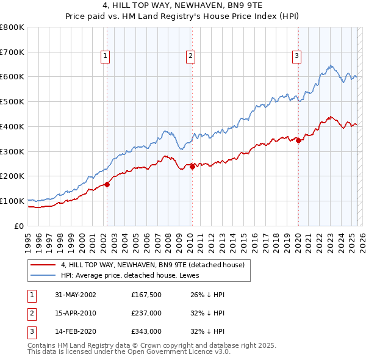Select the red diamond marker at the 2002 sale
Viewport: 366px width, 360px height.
point(107,184)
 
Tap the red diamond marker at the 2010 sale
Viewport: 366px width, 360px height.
point(192,166)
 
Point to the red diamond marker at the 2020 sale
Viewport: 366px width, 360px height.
point(298,140)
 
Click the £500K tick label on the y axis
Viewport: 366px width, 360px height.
point(12,102)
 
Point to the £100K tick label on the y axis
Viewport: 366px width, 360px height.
point(12,201)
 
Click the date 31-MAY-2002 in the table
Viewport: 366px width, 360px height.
point(76,295)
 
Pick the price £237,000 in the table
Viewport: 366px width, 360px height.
point(146,314)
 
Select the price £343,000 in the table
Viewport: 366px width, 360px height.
point(146,332)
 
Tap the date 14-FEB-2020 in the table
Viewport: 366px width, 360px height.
point(76,332)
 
